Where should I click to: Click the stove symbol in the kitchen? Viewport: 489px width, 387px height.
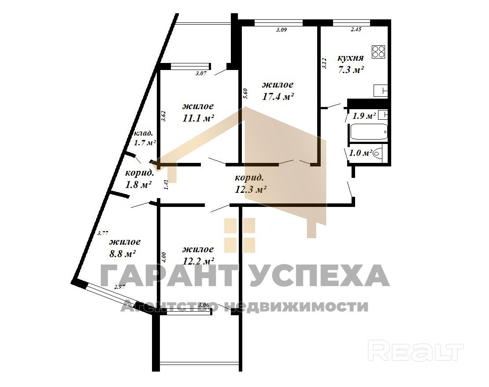click(x=378, y=52)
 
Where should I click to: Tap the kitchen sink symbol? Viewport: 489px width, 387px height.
click(x=381, y=91)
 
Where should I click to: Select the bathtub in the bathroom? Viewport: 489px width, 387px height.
click(x=369, y=132)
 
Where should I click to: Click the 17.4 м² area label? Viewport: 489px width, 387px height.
click(x=278, y=96)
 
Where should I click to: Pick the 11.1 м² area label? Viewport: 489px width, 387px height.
click(x=198, y=118)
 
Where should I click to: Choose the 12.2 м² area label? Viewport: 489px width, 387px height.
click(x=198, y=261)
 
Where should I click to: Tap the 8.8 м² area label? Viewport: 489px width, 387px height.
click(x=122, y=254)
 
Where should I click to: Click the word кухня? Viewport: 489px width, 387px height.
click(x=351, y=58)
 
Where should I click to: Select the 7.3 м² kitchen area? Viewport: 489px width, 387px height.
click(x=351, y=70)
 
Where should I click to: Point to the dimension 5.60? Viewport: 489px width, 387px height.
click(x=245, y=94)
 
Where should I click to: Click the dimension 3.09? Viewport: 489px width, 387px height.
click(x=282, y=30)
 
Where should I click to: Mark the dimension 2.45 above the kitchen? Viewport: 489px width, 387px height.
click(x=356, y=29)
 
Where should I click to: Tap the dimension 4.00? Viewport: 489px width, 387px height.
click(x=164, y=258)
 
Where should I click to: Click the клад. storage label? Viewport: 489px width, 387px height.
click(x=144, y=133)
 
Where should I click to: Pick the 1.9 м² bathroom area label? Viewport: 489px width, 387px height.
click(x=364, y=116)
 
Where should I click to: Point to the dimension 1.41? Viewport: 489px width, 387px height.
click(x=166, y=184)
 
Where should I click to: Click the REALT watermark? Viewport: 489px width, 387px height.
click(x=416, y=352)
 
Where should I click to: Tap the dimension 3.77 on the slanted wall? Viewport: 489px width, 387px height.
click(x=103, y=233)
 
